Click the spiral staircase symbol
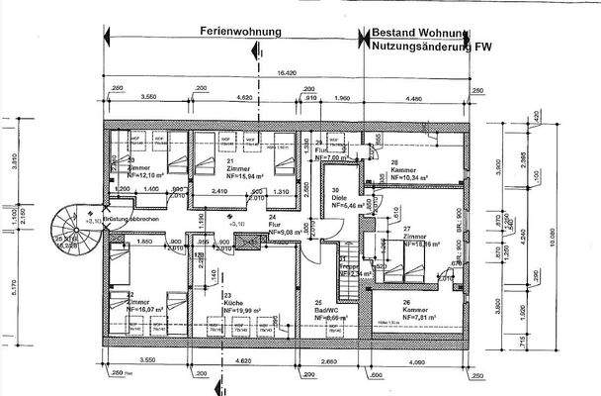coord(70,227)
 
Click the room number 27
coord(406,229)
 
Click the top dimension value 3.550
coord(150,99)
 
